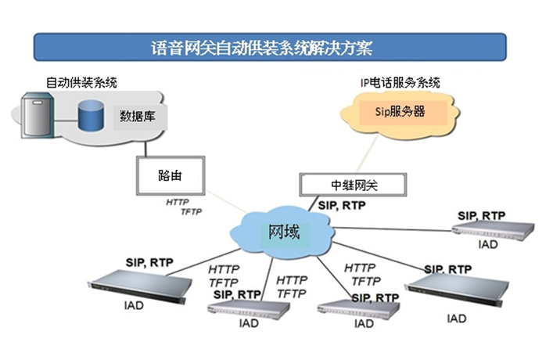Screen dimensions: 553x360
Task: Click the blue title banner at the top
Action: coord(270,47)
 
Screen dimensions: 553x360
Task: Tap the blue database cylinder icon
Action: coord(91,115)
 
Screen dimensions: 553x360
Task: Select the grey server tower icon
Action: coord(38,115)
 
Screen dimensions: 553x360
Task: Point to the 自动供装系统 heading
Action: coord(81,83)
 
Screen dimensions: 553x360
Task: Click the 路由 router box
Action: coord(171,176)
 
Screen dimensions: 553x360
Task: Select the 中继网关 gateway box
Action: coord(353,185)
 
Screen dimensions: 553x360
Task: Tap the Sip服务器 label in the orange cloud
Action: coord(400,112)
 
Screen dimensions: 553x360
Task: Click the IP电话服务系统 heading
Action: coord(400,83)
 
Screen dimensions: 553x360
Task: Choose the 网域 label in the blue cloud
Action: coord(284,232)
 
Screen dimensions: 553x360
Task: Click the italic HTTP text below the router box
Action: coord(178,202)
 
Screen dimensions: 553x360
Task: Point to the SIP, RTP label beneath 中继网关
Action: coord(342,205)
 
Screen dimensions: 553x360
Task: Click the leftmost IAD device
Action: coord(140,286)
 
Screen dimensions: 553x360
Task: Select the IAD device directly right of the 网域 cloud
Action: coord(493,230)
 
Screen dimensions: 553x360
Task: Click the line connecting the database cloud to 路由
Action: coord(145,149)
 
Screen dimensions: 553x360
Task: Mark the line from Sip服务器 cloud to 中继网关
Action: coord(367,154)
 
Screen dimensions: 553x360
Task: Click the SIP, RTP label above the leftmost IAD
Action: coord(149,263)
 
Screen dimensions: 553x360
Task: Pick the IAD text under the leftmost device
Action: coord(134,305)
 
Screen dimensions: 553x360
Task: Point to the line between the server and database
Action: coord(66,121)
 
